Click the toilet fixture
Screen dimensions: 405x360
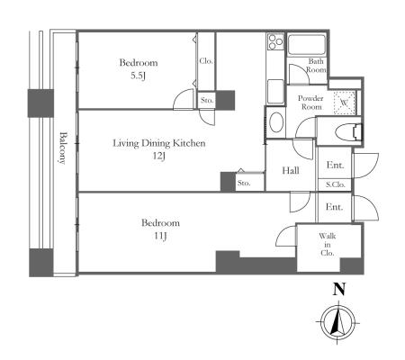[x=348, y=131]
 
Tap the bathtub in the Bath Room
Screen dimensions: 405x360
[x=306, y=45]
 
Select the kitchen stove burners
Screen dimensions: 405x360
[x=275, y=41]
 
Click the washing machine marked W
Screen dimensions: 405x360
[x=345, y=103]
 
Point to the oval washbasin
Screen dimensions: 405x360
[x=276, y=122]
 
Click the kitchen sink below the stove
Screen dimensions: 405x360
[x=275, y=92]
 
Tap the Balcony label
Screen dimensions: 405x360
[x=62, y=148]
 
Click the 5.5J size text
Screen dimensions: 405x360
[x=138, y=76]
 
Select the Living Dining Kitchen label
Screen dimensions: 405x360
[x=159, y=143]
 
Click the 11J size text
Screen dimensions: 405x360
[x=160, y=236]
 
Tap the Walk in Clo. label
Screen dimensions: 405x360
[x=328, y=245]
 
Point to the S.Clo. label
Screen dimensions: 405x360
[x=336, y=184]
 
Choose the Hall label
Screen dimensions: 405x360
[x=291, y=171]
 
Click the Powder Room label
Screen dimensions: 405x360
[x=310, y=103]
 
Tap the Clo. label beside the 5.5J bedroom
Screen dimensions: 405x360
[x=206, y=61]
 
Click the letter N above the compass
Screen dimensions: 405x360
[x=339, y=289]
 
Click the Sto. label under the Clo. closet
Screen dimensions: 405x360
[x=207, y=100]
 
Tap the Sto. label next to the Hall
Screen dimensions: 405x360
[x=244, y=183]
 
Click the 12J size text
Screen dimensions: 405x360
[x=159, y=156]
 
